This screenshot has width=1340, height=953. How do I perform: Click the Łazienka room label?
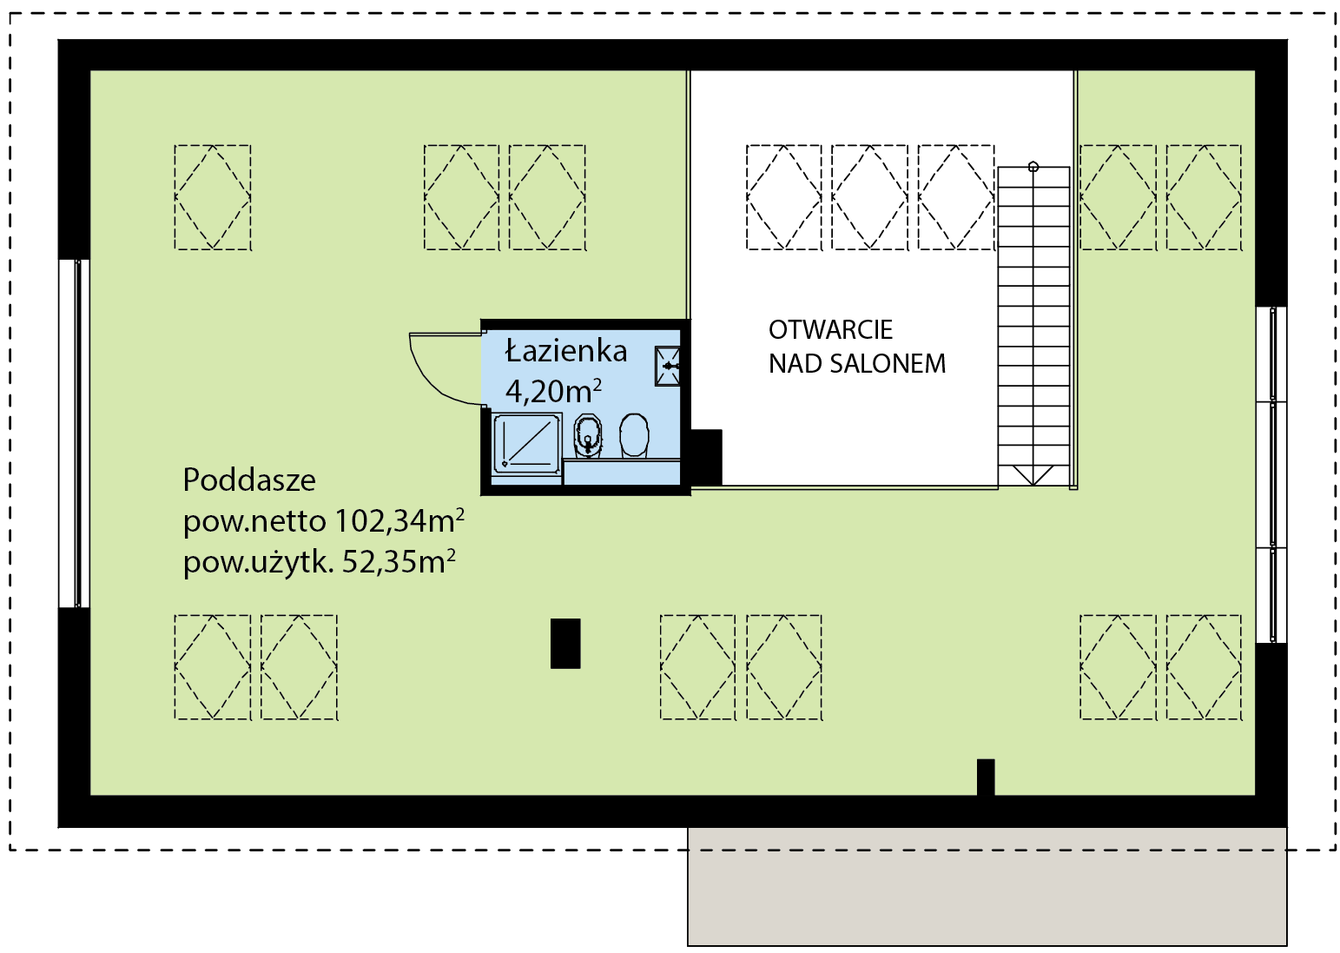(566, 351)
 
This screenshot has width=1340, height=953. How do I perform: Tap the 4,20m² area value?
(553, 391)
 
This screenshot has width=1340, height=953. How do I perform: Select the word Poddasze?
(249, 480)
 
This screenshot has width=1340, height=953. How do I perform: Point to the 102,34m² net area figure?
(399, 520)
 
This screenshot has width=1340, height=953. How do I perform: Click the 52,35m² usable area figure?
(399, 562)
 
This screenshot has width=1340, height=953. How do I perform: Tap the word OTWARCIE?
(830, 329)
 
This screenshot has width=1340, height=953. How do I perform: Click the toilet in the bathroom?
(633, 436)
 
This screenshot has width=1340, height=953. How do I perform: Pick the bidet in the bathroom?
(588, 436)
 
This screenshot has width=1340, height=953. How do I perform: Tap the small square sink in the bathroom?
(668, 366)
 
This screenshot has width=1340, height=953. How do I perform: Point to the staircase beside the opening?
(1033, 326)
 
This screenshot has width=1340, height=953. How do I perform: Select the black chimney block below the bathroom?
(565, 643)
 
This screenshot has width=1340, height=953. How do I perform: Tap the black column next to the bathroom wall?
(707, 457)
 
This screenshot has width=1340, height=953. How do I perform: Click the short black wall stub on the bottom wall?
(986, 778)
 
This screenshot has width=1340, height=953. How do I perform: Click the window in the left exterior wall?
(74, 433)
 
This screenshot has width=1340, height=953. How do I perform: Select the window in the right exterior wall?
(1271, 475)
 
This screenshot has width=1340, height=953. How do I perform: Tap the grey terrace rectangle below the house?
(987, 887)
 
